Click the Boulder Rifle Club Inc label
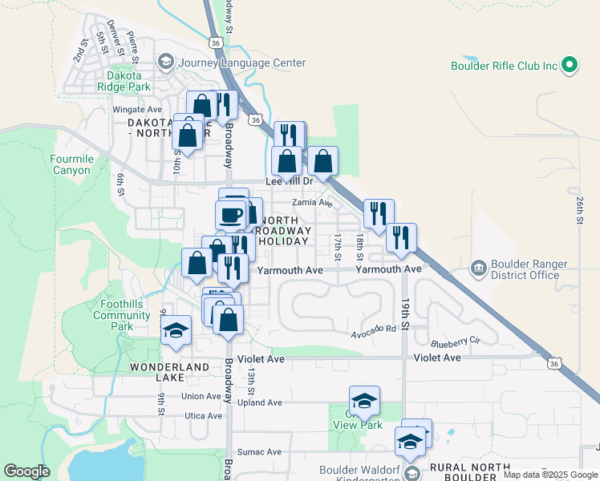click(x=504, y=66)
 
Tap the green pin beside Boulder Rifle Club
click(x=570, y=65)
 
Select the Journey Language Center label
click(x=243, y=63)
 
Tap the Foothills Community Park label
click(x=121, y=315)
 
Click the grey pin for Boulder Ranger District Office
click(x=478, y=267)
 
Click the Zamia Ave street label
click(x=311, y=203)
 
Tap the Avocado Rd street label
click(x=374, y=329)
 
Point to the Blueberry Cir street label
click(x=454, y=342)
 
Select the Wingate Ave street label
click(x=137, y=110)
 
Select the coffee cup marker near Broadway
click(x=231, y=216)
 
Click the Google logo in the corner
click(x=26, y=471)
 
